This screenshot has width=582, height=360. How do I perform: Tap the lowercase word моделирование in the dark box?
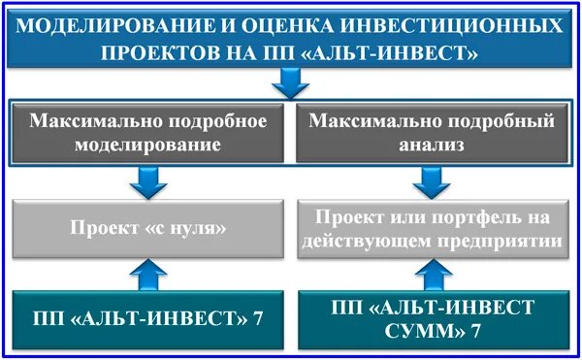pyautogui.click(x=147, y=147)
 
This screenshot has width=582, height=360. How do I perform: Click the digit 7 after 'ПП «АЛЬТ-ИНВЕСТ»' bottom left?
pyautogui.click(x=260, y=319)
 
